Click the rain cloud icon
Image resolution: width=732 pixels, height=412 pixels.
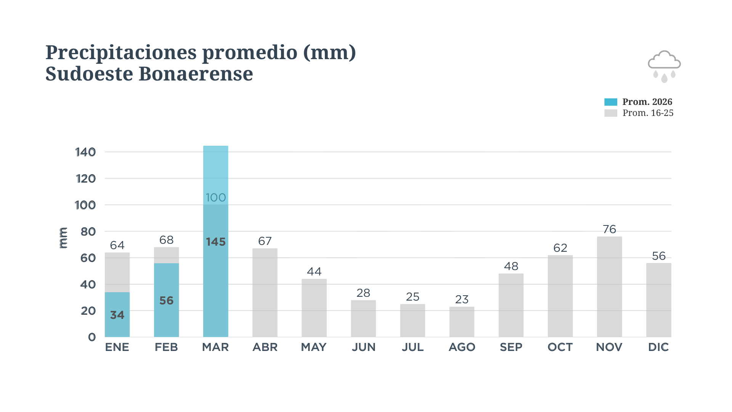pos(664,66)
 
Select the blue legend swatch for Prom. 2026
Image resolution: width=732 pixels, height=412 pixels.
pos(610,102)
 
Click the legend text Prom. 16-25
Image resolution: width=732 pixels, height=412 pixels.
pos(648,113)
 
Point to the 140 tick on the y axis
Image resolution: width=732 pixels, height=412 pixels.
pos(85,152)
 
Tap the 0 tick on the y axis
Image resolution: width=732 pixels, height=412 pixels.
pos(92,337)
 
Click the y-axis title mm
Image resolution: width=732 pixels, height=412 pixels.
pos(63,238)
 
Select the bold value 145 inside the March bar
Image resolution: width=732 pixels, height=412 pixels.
pos(216,242)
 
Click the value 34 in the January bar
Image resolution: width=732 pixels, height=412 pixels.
pos(117,315)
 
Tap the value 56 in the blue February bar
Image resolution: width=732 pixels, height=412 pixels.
pos(166,301)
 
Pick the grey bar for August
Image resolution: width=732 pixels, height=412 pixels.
pos(462,322)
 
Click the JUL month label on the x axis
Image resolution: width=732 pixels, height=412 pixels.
pos(413,347)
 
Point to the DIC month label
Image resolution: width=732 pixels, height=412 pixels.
pos(658,347)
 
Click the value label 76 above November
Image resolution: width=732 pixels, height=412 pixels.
pos(609,229)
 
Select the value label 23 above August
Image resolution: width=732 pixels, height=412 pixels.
pos(462,299)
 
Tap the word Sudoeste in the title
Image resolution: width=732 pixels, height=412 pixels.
pos(89,74)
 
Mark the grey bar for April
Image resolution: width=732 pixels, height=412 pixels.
pos(265,293)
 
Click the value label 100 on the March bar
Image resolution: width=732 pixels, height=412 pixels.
pos(216,198)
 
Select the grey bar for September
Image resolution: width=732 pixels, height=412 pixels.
pos(511,305)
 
